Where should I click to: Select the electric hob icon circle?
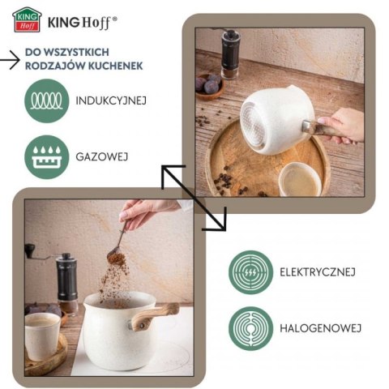[x=250, y=272]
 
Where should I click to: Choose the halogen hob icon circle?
[x=250, y=327]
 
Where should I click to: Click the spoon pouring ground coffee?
[x=119, y=242]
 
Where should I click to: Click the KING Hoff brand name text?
[x=82, y=19]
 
